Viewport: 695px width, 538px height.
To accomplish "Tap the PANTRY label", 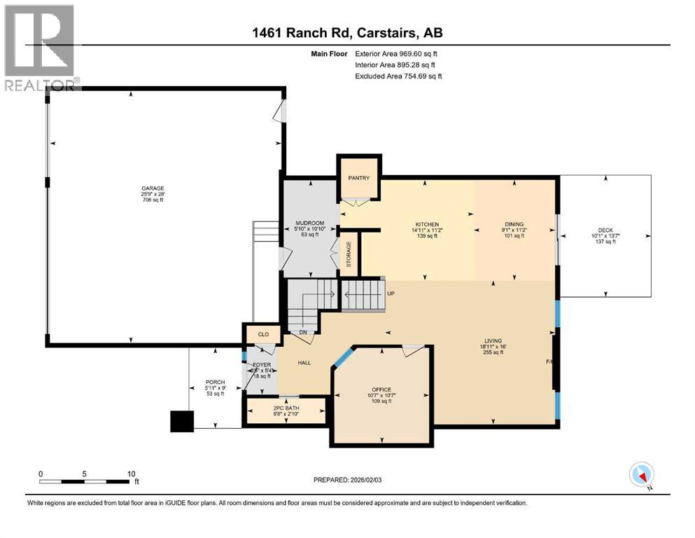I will tap(359, 178).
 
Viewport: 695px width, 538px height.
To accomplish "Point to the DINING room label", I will tap(514, 225).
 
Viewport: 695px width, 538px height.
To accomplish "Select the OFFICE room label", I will tap(381, 389).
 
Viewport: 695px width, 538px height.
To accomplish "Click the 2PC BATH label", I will tap(284, 408).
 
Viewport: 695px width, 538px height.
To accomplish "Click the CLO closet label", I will tap(263, 335).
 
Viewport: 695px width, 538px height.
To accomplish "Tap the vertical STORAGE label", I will tap(349, 254).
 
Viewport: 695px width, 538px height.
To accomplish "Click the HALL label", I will tap(304, 363).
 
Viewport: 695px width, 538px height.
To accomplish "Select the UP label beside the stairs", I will tap(391, 293).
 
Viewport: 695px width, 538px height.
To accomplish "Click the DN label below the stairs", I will tap(304, 333).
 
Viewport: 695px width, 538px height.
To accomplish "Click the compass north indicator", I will tap(642, 475).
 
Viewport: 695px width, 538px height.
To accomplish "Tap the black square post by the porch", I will tap(182, 422).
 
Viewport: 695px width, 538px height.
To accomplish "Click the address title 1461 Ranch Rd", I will tap(347, 32).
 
